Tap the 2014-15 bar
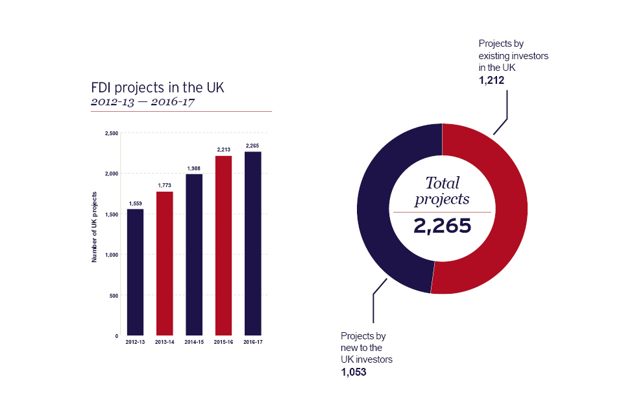(194, 255)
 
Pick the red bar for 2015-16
(223, 246)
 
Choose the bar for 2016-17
(252, 244)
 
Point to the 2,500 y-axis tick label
(111, 133)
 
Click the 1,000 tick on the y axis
(111, 255)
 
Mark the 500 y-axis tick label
(114, 296)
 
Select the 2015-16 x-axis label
(223, 342)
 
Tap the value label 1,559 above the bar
(135, 203)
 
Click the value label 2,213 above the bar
(223, 150)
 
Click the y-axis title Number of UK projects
(94, 227)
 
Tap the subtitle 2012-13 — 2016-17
(143, 102)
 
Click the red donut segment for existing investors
(493, 208)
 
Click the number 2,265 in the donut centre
(442, 226)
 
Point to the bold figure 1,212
(491, 81)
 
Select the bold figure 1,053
(354, 372)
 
